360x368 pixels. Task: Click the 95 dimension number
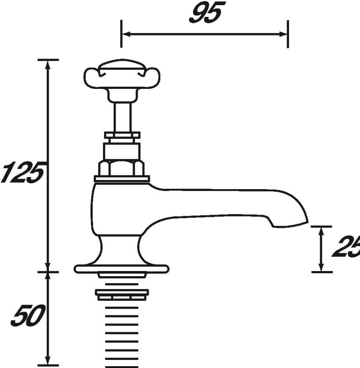point(205,14)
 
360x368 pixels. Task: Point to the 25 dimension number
point(346,247)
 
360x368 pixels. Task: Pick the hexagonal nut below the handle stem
point(121,168)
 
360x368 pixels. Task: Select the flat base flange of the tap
point(121,269)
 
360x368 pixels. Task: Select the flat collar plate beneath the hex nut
point(122,179)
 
